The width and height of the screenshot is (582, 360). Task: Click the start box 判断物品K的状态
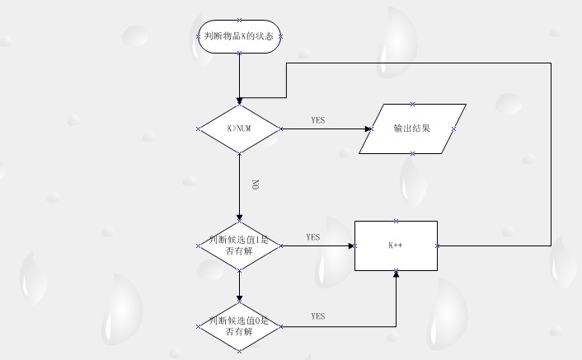point(239,36)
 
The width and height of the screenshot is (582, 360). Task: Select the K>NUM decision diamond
point(239,129)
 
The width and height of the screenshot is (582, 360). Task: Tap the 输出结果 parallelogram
point(412,129)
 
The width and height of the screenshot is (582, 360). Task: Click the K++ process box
point(396,245)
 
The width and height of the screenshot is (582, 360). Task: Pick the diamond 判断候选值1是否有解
point(239,245)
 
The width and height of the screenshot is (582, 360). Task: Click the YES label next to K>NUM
point(318,120)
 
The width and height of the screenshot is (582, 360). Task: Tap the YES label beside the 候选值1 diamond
point(313,237)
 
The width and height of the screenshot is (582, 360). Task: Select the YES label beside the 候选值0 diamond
point(318,316)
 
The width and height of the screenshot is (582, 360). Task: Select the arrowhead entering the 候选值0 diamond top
point(239,297)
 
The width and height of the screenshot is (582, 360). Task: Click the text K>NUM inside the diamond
point(239,129)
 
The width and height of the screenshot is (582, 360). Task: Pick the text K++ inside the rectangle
point(395,245)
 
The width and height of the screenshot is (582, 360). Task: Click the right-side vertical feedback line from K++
point(551,157)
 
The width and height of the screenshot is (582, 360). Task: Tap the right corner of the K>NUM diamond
point(279,129)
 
